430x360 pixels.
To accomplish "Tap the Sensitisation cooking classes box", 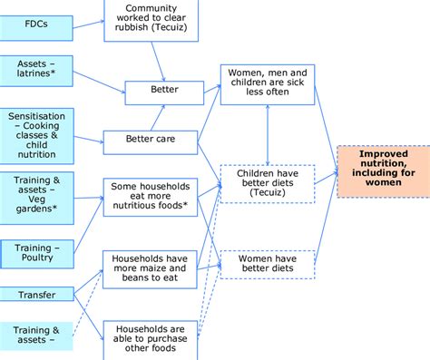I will (x=36, y=136).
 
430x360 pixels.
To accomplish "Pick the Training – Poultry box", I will (x=36, y=251).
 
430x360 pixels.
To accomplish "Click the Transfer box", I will (x=36, y=294).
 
